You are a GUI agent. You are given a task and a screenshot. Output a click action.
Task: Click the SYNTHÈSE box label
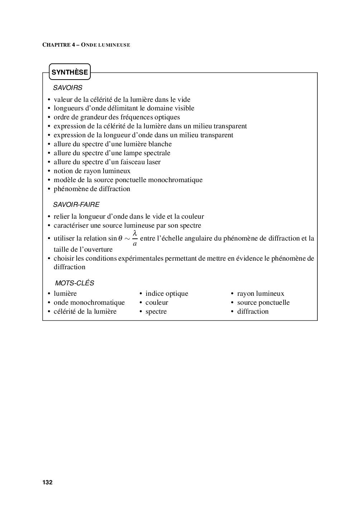pyautogui.click(x=70, y=72)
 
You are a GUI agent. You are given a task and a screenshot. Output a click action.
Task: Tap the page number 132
pyautogui.click(x=47, y=482)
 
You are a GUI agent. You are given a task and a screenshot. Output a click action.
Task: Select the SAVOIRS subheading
pyautogui.click(x=68, y=87)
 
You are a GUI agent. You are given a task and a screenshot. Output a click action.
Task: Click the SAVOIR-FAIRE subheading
pyautogui.click(x=76, y=205)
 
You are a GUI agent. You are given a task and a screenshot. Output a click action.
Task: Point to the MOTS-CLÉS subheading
pyautogui.click(x=75, y=283)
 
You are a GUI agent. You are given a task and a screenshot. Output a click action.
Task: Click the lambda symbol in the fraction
pyautogui.click(x=135, y=233)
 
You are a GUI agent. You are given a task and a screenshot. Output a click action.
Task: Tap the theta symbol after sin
pyautogui.click(x=120, y=238)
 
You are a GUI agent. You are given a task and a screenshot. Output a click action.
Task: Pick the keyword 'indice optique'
pyautogui.click(x=167, y=294)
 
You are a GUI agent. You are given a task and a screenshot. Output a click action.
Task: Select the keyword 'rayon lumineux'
pyautogui.click(x=261, y=294)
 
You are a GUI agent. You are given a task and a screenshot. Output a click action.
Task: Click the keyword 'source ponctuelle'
pyautogui.click(x=263, y=303)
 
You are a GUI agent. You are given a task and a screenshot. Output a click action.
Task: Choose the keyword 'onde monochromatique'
pyautogui.click(x=89, y=303)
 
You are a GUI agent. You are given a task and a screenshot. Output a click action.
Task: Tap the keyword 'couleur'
pyautogui.click(x=157, y=303)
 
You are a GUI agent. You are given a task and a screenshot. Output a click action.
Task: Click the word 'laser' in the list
pyautogui.click(x=152, y=162)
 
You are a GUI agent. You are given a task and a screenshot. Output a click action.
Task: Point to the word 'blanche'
pyautogui.click(x=160, y=144)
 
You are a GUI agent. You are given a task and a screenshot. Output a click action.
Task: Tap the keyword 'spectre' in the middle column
pyautogui.click(x=156, y=312)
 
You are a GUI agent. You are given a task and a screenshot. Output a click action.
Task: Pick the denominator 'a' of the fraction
pyautogui.click(x=135, y=244)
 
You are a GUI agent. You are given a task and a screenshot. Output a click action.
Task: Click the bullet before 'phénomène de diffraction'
pyautogui.click(x=49, y=189)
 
